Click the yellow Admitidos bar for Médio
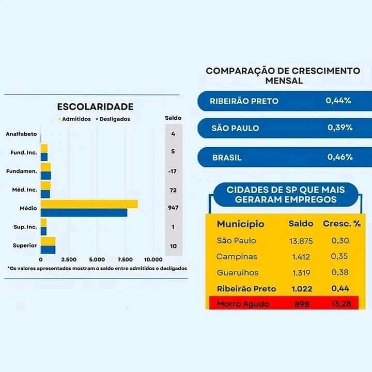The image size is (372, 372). point(89,204)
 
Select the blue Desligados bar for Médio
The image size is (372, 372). point(84,212)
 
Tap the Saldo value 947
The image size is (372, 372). point(173,208)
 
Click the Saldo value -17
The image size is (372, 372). point(173,171)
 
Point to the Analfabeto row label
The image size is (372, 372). point(21,134)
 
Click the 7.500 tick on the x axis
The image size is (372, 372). point(126,259)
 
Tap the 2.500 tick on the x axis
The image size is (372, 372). point(69,259)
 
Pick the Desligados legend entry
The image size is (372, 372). point(114,119)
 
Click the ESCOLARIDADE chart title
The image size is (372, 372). point(95,107)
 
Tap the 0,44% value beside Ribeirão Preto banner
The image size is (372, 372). point(338,101)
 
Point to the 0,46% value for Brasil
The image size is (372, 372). point(339,157)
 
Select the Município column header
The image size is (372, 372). point(240,224)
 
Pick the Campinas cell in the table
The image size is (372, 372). point(237,256)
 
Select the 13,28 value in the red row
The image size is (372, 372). point(339,304)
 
